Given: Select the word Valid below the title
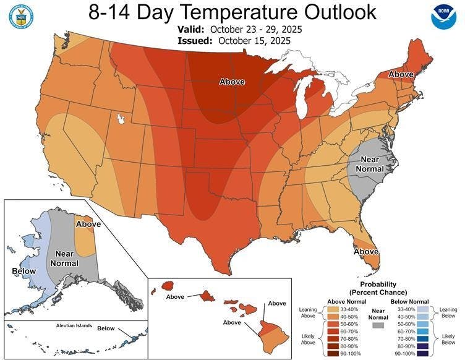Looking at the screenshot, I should (x=190, y=29).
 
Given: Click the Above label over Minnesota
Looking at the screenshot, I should (x=232, y=82).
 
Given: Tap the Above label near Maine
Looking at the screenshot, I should (x=401, y=74).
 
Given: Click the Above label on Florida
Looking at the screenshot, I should (x=366, y=252).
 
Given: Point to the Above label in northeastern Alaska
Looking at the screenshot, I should (x=88, y=223).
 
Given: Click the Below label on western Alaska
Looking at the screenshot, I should (x=24, y=271).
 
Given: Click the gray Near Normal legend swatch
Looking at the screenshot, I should (x=379, y=325).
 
